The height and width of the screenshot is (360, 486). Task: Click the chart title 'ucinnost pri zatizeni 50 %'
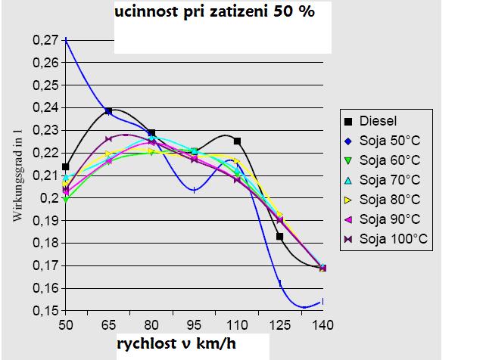coord(214,13)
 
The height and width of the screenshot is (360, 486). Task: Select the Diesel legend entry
coord(376,119)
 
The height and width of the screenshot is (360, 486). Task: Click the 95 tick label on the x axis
coord(195,323)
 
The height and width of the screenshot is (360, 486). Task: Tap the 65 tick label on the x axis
coord(108,323)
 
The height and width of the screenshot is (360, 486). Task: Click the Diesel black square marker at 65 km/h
coord(108,111)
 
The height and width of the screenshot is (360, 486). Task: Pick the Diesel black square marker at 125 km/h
coord(280,237)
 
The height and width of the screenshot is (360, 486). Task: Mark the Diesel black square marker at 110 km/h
coord(238,141)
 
